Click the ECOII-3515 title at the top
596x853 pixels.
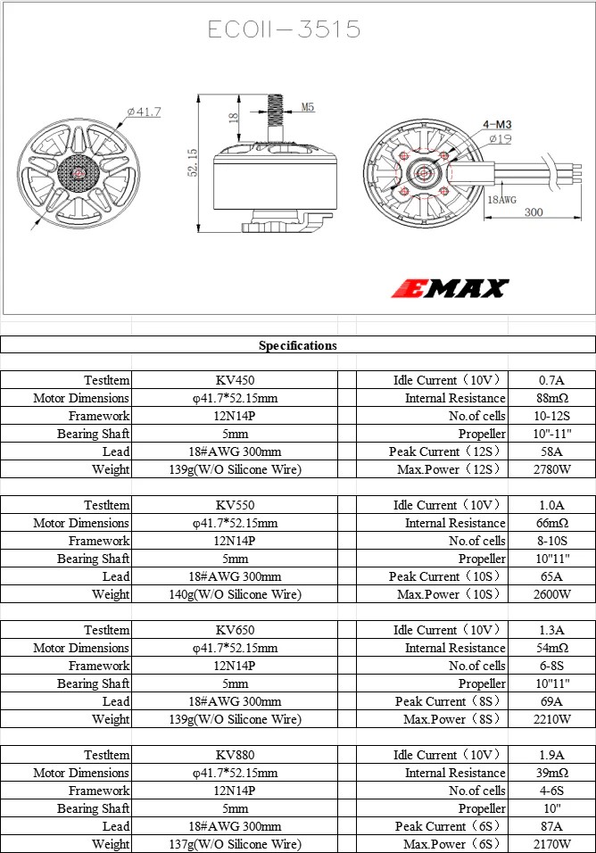pos(285,29)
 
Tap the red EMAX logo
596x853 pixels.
pos(451,288)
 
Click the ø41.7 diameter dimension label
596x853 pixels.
pos(144,112)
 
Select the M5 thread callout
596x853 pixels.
pos(307,107)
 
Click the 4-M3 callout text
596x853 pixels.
pos(497,125)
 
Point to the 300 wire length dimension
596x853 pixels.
pos(534,212)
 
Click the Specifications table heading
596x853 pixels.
pos(298,345)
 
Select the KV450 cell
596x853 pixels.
pos(235,380)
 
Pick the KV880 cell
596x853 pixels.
pos(235,755)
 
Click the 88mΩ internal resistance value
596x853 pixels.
pos(552,398)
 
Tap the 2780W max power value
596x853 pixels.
pos(552,469)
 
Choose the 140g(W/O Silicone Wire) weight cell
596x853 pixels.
pos(235,594)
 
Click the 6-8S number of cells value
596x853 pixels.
pos(552,666)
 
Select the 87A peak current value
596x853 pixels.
pos(552,826)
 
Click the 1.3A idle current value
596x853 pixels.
pos(552,630)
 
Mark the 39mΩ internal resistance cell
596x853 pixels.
pos(552,773)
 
